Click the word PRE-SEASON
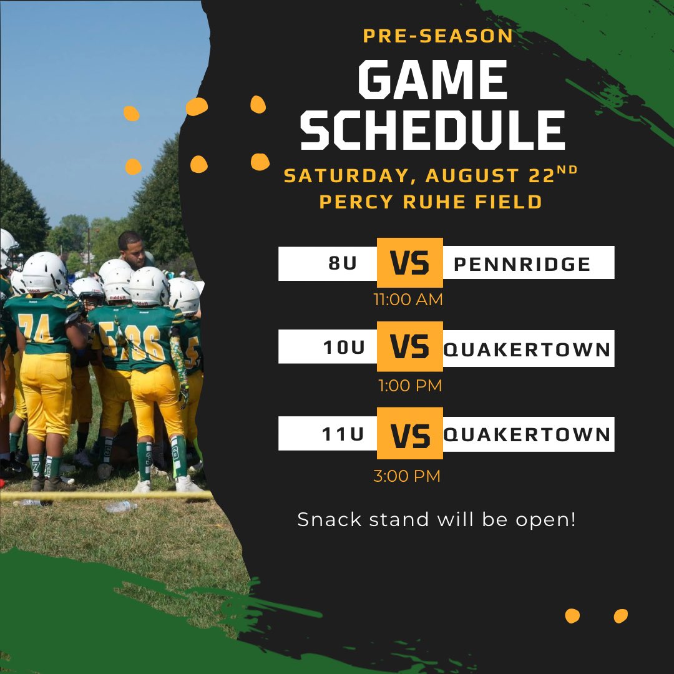tap(437, 36)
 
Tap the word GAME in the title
tap(432, 80)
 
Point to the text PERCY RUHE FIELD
tap(431, 202)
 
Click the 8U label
tap(343, 263)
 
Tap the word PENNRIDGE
tap(522, 264)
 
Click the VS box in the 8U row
tap(410, 263)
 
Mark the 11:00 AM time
tap(408, 300)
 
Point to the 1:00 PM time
tap(409, 386)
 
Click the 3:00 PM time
tap(407, 476)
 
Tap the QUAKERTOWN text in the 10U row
tap(527, 349)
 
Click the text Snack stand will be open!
tap(436, 519)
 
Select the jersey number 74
tap(36, 328)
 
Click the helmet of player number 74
tap(44, 273)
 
